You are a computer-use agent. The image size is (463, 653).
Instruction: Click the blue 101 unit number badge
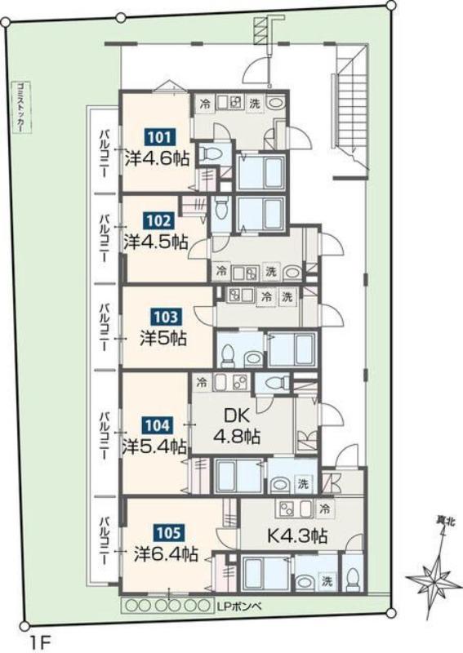coord(158,137)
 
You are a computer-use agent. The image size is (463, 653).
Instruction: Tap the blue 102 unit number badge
coord(157,220)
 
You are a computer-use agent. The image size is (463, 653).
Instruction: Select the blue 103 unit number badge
coord(166,318)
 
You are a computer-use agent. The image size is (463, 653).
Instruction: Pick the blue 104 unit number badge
coord(158,425)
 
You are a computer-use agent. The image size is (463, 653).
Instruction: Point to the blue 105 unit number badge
coord(169,533)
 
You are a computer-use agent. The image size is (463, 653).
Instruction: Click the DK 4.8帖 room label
coord(237,425)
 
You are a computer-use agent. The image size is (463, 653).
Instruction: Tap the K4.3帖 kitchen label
coord(297,535)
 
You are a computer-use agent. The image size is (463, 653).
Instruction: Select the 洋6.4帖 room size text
coord(166,554)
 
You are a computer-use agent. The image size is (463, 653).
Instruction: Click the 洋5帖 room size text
coord(163,339)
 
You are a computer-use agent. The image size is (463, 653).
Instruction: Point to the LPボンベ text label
coord(239,606)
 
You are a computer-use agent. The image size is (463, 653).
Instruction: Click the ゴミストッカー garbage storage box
coord(19,106)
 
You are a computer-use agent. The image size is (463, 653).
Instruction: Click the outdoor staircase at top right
coord(349,111)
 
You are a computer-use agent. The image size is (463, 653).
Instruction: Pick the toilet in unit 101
coord(209,154)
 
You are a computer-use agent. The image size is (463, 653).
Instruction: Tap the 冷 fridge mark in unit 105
coord(325,509)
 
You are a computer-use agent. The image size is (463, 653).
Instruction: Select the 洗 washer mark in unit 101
coord(254,104)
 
